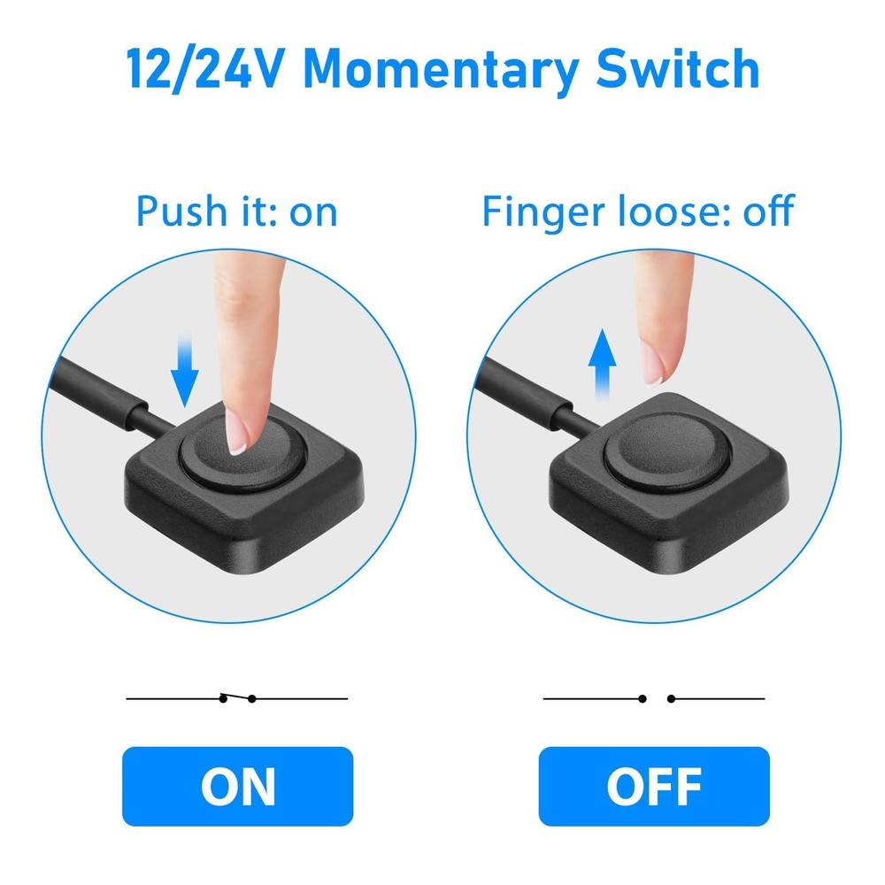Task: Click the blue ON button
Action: pos(237,786)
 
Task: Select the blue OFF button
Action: pos(654,786)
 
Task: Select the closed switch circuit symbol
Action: pos(237,698)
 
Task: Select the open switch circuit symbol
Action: pos(654,698)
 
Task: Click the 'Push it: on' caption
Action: pos(236,212)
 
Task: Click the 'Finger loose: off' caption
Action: pos(637,212)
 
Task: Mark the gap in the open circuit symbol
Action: pos(656,698)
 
